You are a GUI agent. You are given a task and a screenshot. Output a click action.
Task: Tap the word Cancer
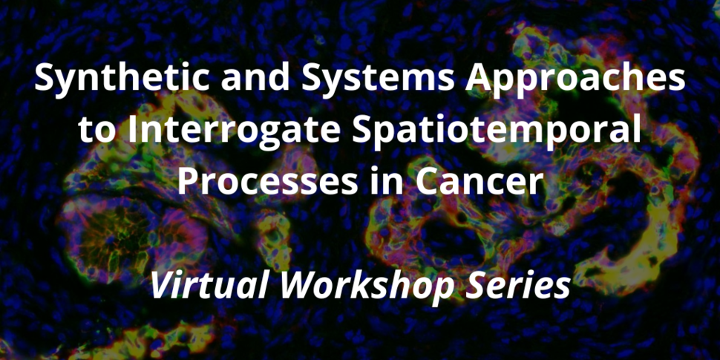pyautogui.click(x=482, y=182)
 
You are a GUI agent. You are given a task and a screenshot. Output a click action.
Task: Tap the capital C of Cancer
pyautogui.click(x=438, y=182)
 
